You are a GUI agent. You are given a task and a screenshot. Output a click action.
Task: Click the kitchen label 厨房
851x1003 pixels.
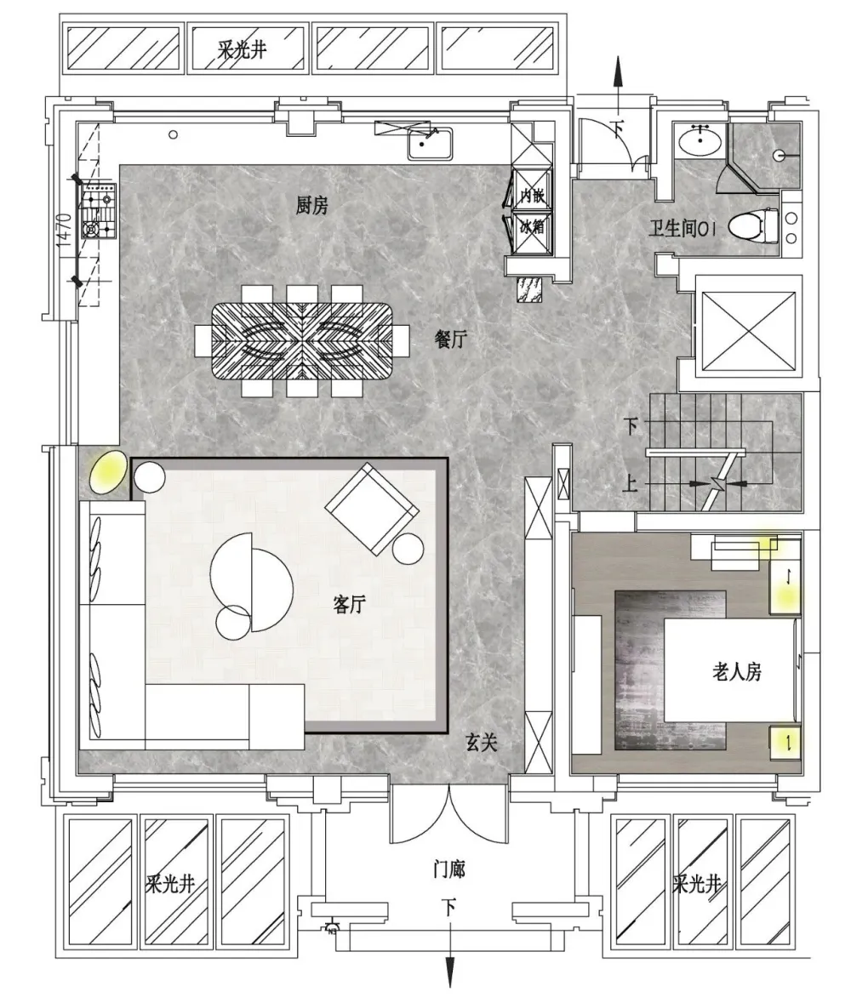click(x=311, y=205)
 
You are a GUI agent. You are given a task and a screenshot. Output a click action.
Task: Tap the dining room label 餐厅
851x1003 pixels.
click(x=450, y=339)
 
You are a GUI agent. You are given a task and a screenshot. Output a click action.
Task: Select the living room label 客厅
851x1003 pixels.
click(x=349, y=603)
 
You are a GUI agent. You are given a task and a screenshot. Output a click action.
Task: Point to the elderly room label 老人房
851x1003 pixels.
click(x=736, y=672)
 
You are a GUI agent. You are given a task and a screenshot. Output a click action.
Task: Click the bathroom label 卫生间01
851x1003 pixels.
click(x=683, y=228)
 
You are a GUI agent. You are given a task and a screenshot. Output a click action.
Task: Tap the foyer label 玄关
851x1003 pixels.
click(x=481, y=742)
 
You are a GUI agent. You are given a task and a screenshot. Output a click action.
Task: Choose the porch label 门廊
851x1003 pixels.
click(x=448, y=869)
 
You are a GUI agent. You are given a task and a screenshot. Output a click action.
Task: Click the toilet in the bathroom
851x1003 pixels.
click(x=752, y=225)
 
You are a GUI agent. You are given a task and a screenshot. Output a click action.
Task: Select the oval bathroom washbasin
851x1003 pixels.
click(x=700, y=140)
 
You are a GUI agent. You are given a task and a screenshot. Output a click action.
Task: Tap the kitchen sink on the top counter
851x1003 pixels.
click(x=430, y=144)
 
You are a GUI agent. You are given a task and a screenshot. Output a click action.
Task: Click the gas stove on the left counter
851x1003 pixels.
click(x=99, y=211)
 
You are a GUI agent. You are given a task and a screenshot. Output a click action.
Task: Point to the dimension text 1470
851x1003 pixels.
click(x=63, y=231)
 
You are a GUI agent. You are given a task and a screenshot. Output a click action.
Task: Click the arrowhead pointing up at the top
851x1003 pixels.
click(x=618, y=71)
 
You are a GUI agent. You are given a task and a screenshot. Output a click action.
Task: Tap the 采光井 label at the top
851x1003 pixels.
click(x=242, y=49)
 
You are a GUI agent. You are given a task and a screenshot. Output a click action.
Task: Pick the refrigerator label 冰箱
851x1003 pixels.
click(x=532, y=225)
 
